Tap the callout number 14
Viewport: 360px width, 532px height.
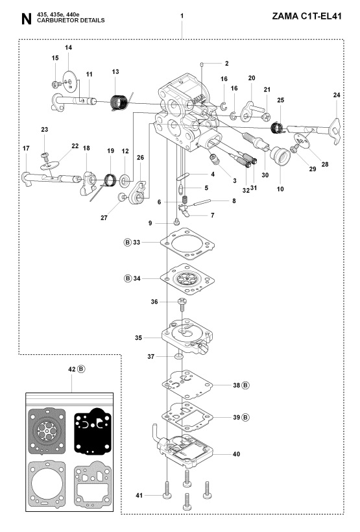click(x=69, y=49)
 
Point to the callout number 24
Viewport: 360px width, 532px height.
click(x=336, y=95)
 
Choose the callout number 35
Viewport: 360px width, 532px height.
click(x=137, y=337)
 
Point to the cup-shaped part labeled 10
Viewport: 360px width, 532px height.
click(x=280, y=158)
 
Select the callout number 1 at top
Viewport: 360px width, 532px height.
click(x=182, y=14)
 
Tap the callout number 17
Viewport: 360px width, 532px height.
click(x=27, y=149)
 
